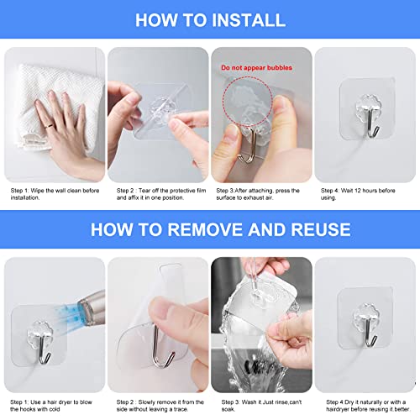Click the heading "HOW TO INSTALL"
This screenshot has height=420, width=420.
[209, 19]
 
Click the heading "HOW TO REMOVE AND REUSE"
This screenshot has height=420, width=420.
[209, 229]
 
